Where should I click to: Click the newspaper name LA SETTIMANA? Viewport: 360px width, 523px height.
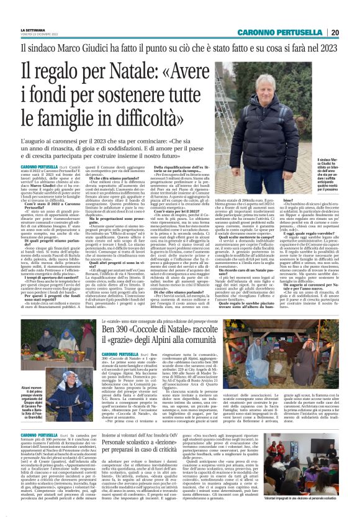pos(33,30)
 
